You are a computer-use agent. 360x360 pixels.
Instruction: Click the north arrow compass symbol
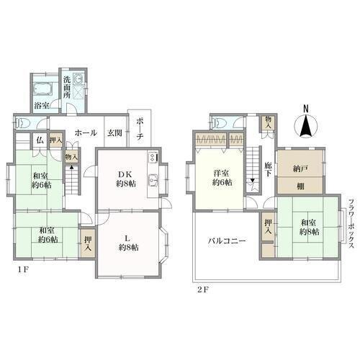click(306, 126)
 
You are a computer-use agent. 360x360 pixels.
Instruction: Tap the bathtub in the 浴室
click(42, 89)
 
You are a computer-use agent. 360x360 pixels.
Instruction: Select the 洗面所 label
click(67, 87)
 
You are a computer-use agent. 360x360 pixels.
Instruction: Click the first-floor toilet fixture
click(22, 123)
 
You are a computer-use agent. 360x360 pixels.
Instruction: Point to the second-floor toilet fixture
click(218, 123)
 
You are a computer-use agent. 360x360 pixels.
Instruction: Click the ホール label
click(86, 132)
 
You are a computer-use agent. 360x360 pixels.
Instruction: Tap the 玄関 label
click(114, 132)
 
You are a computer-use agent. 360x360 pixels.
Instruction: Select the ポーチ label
click(140, 129)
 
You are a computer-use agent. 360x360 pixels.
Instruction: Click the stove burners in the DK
click(153, 158)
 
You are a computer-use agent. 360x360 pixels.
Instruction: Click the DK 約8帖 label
click(126, 179)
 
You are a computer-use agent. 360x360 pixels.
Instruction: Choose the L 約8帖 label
click(129, 243)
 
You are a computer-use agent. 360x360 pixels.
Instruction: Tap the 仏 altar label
click(40, 140)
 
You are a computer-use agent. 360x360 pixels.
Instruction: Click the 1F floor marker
click(23, 269)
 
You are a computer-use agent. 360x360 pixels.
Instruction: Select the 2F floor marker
click(203, 289)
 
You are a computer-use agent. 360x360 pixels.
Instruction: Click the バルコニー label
click(227, 240)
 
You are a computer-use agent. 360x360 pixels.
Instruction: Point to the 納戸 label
click(300, 169)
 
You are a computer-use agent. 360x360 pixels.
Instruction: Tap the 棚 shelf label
click(300, 186)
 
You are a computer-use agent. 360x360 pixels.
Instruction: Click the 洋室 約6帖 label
click(222, 178)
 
